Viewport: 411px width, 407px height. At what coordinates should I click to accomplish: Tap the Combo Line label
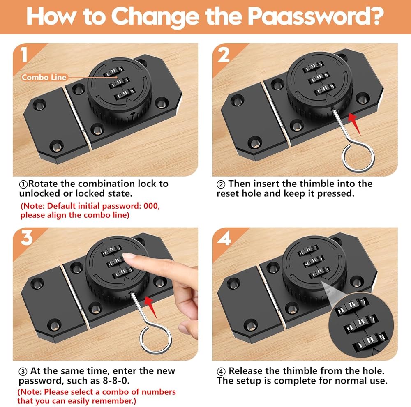pyautogui.click(x=44, y=77)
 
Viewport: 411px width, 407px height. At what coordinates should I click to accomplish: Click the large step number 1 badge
pyautogui.click(x=24, y=55)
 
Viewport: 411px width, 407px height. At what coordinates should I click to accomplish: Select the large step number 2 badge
pyautogui.click(x=223, y=55)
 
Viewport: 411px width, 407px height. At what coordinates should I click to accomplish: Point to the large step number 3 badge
pyautogui.click(x=27, y=238)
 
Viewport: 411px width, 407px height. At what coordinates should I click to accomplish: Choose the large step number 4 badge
pyautogui.click(x=224, y=238)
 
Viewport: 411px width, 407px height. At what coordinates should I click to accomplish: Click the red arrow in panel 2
pyautogui.click(x=354, y=124)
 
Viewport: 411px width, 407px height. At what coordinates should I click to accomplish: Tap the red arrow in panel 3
pyautogui.click(x=150, y=307)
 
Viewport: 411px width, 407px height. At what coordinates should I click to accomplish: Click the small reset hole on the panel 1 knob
pyautogui.click(x=133, y=114)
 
